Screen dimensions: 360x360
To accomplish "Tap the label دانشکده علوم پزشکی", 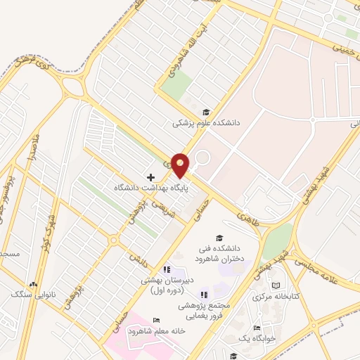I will coord(207,122).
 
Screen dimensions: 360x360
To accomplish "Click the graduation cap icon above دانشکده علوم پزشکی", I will coord(206,111).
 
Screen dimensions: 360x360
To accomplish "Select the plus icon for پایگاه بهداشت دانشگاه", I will coord(150,177).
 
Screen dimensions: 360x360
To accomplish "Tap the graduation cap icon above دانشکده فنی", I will coord(219,238).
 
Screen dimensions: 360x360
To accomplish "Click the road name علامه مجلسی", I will coord(328,258).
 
